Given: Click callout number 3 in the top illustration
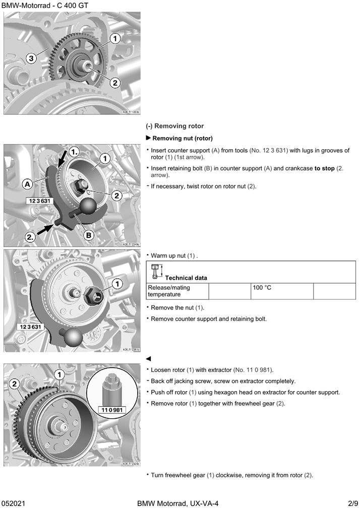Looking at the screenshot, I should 31,58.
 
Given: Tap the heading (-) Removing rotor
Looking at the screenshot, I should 175,126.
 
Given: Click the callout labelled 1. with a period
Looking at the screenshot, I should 75,151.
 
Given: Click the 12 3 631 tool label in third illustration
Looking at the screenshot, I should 29,327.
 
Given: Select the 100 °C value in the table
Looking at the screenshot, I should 262,288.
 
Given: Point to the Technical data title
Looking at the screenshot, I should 186,278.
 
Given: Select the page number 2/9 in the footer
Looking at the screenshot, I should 352,503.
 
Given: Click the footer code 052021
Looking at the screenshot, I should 14,503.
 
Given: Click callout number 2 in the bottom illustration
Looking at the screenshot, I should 15,384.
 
